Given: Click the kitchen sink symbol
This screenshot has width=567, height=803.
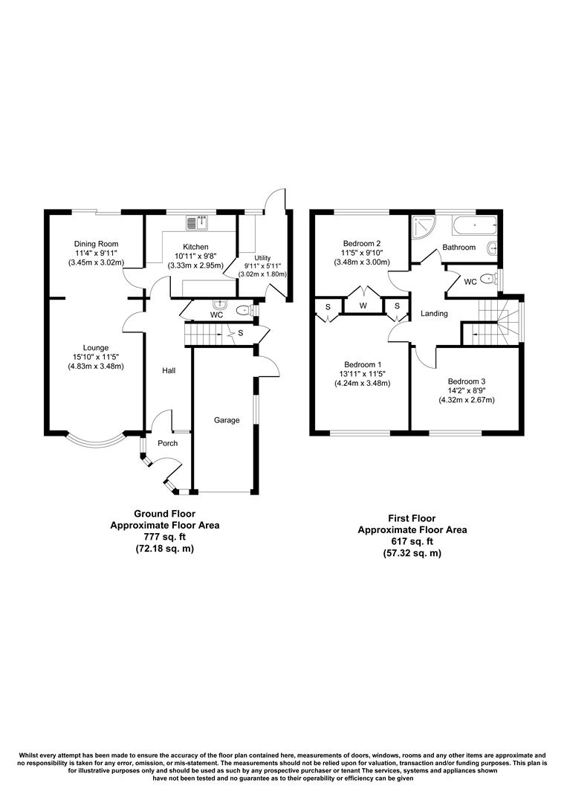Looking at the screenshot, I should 200,221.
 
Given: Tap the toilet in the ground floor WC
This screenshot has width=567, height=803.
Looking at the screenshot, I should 242,310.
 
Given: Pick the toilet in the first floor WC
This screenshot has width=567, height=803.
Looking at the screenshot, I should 487,280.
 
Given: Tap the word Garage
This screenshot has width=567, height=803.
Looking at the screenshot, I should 227,420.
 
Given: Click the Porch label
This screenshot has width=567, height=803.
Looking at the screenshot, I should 167,443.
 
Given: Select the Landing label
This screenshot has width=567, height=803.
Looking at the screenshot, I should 434,314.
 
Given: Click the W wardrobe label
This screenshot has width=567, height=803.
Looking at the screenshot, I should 363,306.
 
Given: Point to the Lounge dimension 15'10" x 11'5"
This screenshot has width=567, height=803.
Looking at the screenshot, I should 96,357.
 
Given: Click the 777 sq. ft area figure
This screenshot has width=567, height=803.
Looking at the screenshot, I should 165,536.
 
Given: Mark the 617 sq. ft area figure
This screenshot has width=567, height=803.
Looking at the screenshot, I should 412,541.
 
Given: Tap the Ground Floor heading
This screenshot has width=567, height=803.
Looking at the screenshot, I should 165,513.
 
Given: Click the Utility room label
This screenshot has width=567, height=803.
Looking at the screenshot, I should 264,257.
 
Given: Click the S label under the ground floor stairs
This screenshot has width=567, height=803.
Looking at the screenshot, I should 241,333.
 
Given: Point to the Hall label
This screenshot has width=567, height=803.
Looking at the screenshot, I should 169,370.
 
